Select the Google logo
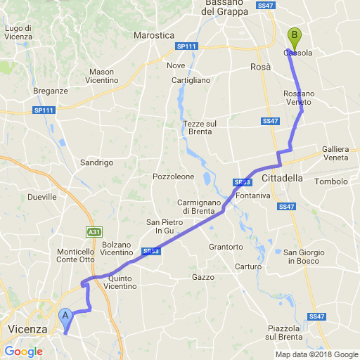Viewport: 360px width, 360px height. [23, 352]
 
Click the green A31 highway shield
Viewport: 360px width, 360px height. [94, 231]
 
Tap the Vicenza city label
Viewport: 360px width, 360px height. [27, 329]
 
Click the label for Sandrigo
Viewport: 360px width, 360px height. [97, 162]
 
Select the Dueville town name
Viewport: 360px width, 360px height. [41, 197]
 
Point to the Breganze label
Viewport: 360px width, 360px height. [51, 91]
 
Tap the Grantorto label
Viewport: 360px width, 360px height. [226, 247]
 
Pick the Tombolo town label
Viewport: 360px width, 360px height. [331, 181]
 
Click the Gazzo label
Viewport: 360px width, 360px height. [202, 277]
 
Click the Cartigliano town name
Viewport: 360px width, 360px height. [191, 80]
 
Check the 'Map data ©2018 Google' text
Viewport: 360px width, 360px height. [316, 354]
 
